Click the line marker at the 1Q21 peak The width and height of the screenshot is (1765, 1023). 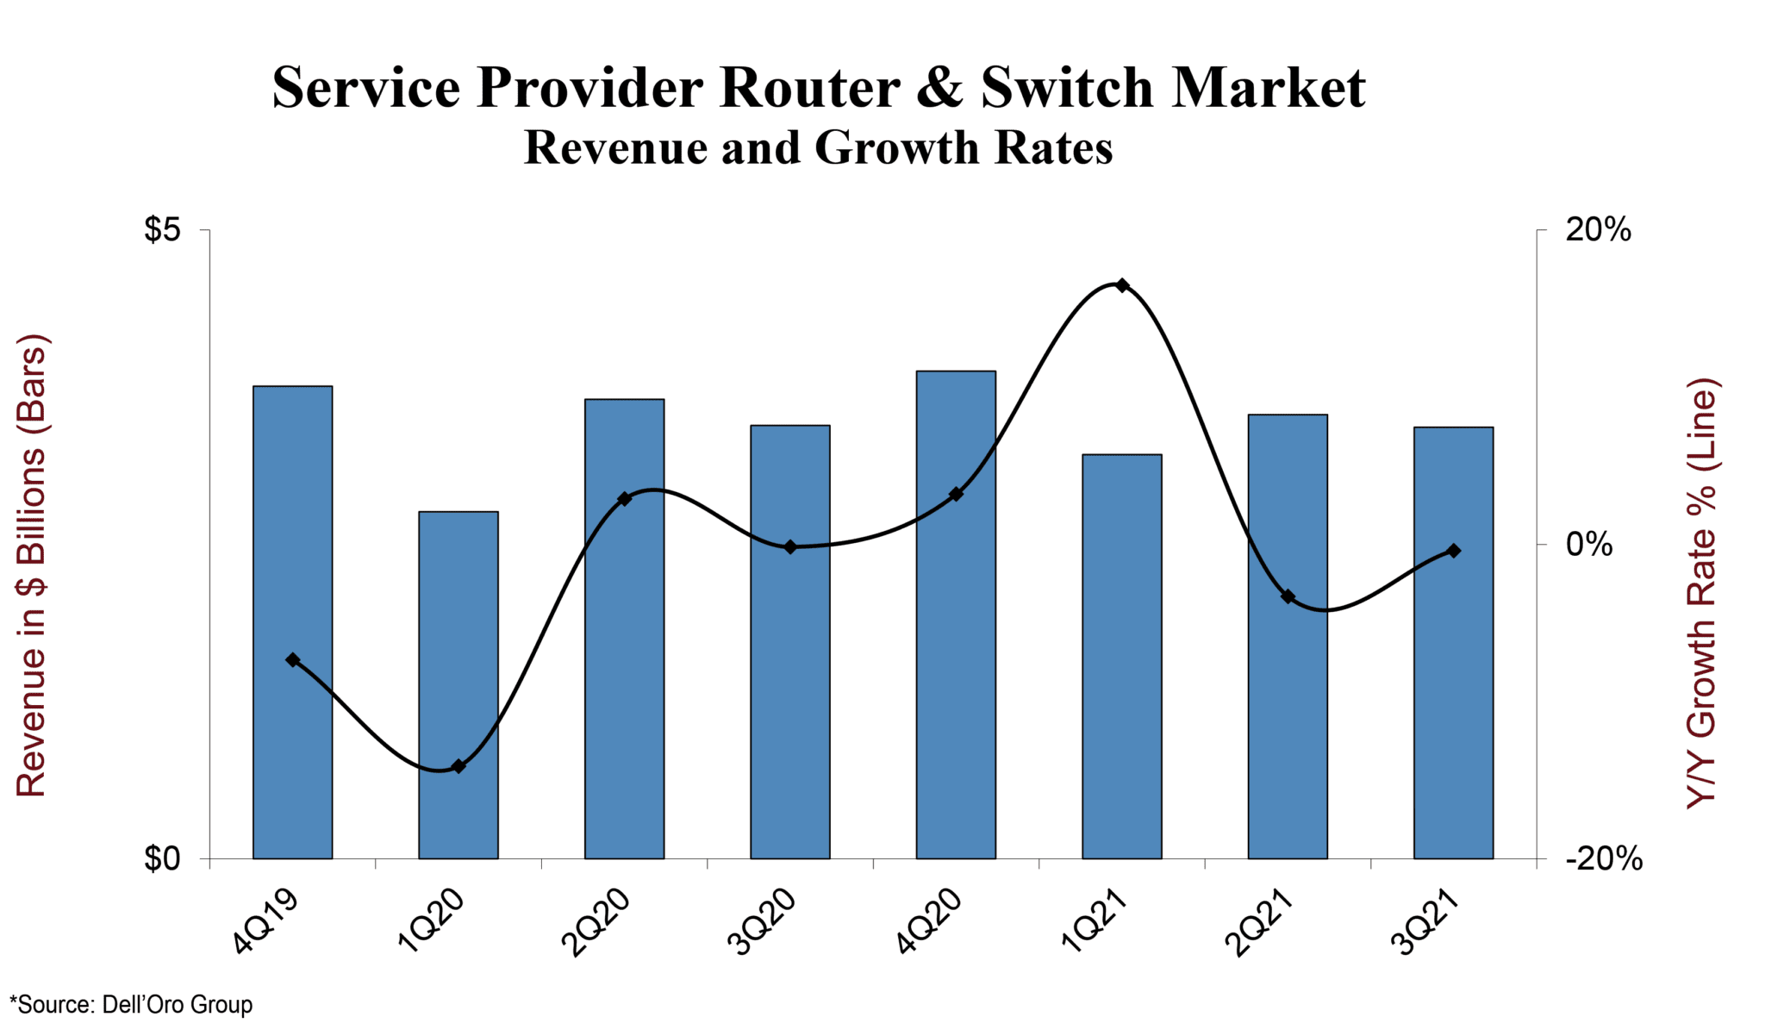click(x=1122, y=285)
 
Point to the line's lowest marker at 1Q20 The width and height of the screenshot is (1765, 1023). click(x=458, y=766)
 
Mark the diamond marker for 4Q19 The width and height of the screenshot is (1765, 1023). click(x=293, y=660)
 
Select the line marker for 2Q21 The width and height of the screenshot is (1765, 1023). click(x=1288, y=596)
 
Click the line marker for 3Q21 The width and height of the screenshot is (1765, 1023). click(x=1454, y=551)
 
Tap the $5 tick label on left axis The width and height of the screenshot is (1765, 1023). click(x=163, y=230)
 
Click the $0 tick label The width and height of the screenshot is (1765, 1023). click(x=163, y=858)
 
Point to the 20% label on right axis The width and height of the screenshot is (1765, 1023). click(x=1598, y=230)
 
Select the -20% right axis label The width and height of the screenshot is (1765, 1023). click(x=1603, y=858)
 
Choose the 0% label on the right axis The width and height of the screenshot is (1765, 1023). click(x=1589, y=544)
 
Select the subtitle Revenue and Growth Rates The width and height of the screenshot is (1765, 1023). click(x=818, y=147)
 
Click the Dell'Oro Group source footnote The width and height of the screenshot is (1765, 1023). click(x=131, y=1004)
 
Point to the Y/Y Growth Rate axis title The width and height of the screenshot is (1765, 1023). click(x=1701, y=593)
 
